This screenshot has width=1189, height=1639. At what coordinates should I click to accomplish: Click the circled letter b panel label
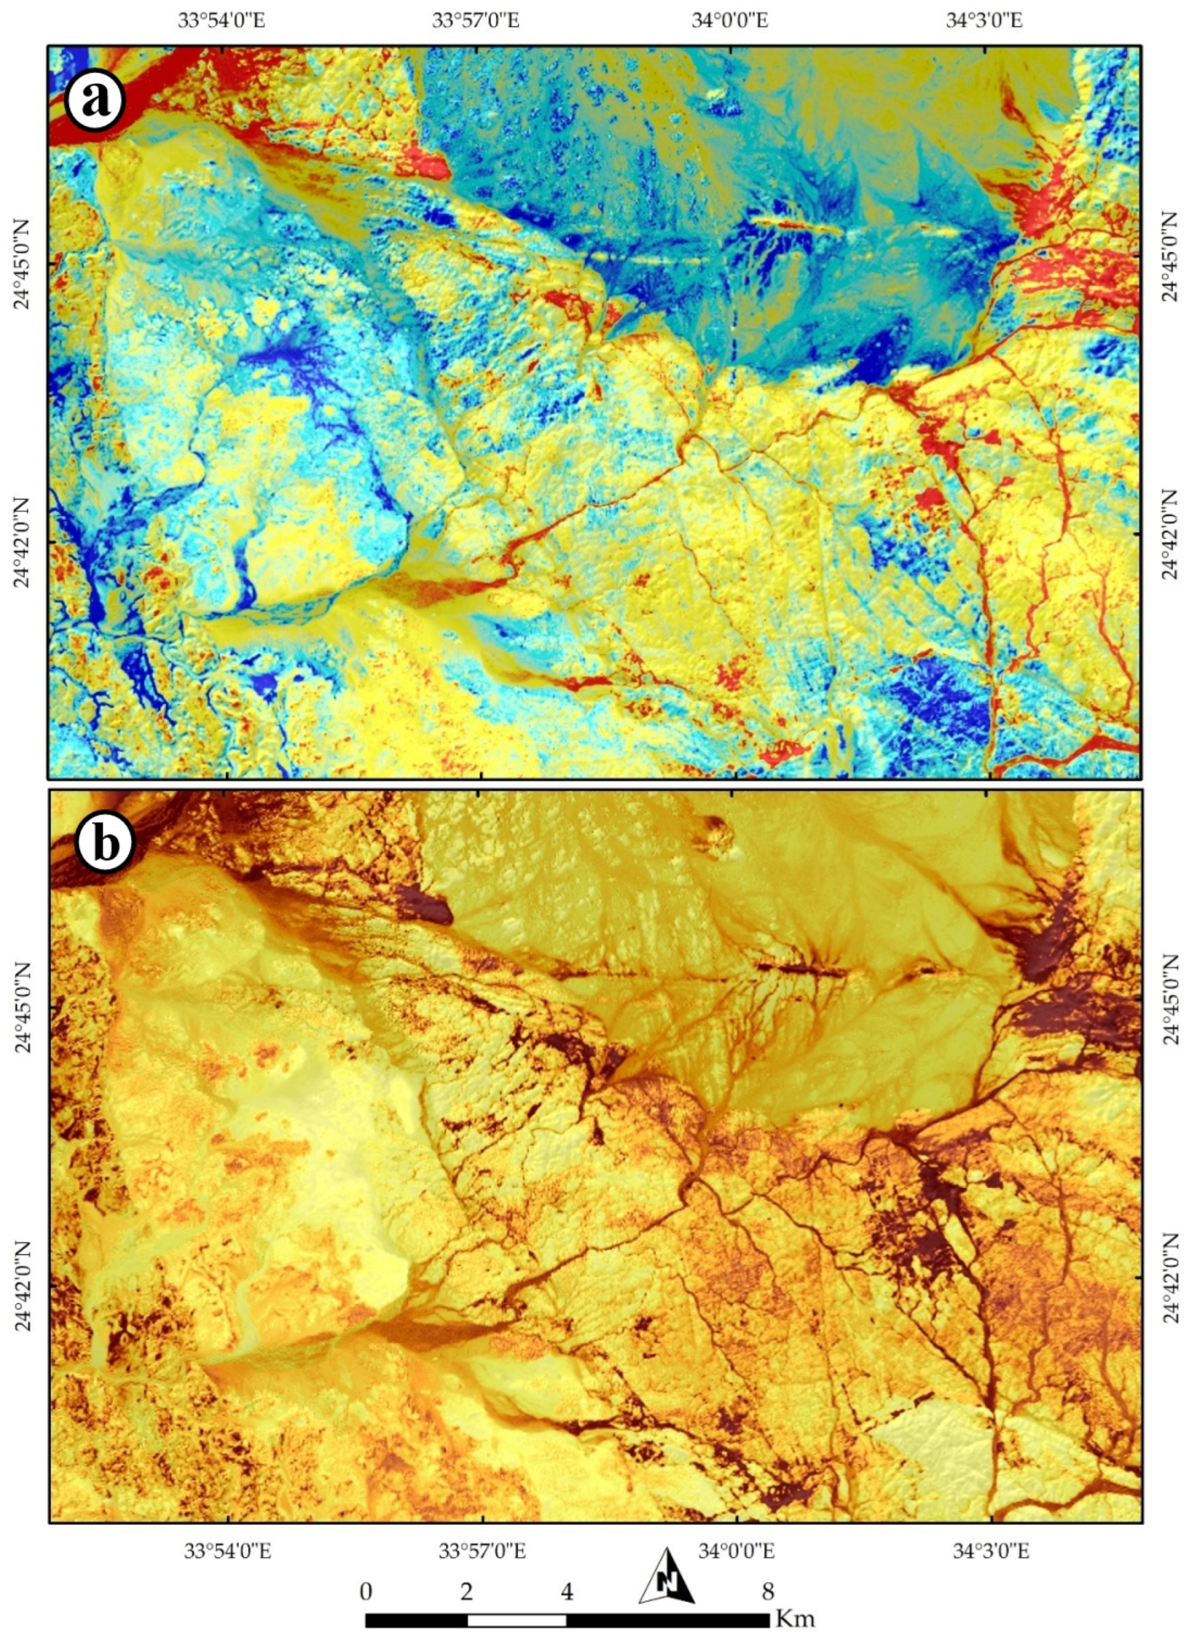point(105,842)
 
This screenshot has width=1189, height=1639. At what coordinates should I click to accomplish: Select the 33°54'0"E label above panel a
point(223,19)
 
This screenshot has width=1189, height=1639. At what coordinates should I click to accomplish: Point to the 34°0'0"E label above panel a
point(730,19)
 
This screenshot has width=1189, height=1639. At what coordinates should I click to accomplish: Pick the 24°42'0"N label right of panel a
point(1169,535)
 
